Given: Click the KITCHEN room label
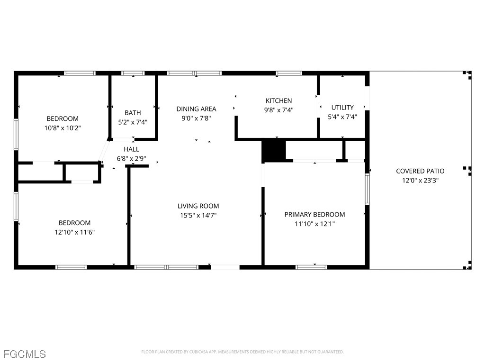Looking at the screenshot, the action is pyautogui.click(x=278, y=100).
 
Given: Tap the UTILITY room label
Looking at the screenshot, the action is pyautogui.click(x=342, y=108).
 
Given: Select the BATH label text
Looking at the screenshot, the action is pyautogui.click(x=133, y=113).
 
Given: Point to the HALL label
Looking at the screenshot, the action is pyautogui.click(x=132, y=149).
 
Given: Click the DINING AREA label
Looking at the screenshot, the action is pyautogui.click(x=196, y=109).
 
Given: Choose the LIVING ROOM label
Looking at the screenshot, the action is pyautogui.click(x=198, y=206).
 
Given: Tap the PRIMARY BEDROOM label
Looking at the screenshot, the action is pyautogui.click(x=314, y=215).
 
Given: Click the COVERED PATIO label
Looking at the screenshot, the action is pyautogui.click(x=420, y=171).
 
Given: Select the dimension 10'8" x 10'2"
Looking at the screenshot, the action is pyautogui.click(x=63, y=128).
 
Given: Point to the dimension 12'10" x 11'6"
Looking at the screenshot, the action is pyautogui.click(x=74, y=232).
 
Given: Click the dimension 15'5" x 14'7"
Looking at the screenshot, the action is pyautogui.click(x=198, y=215).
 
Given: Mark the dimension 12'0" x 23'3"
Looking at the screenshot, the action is pyautogui.click(x=420, y=180).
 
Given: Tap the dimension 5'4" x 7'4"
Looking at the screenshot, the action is pyautogui.click(x=342, y=117).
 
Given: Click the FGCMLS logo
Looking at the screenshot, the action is pyautogui.click(x=25, y=354).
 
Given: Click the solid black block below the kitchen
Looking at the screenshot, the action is pyautogui.click(x=274, y=151).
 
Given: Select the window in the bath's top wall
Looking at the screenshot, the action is pyautogui.click(x=133, y=73).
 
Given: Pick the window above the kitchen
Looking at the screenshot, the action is pyautogui.click(x=289, y=73).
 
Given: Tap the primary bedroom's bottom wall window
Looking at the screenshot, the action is pyautogui.click(x=311, y=267).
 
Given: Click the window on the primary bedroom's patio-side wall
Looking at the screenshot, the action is pyautogui.click(x=367, y=189).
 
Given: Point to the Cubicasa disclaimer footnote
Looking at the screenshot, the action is pyautogui.click(x=242, y=352).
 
